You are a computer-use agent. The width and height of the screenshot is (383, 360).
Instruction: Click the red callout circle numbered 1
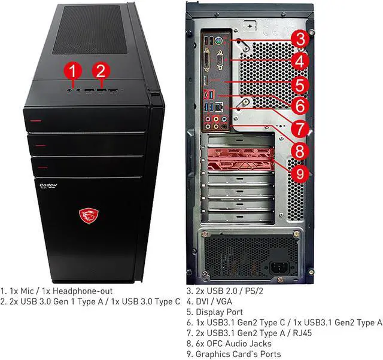click(x=72, y=71)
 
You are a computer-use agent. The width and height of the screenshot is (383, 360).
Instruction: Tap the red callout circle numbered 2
click(x=101, y=71)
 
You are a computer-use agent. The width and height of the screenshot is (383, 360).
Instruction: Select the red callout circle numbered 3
click(x=300, y=39)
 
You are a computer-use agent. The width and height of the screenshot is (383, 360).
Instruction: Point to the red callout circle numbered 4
click(x=300, y=61)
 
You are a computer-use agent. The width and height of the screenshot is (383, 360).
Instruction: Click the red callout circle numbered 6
click(x=300, y=106)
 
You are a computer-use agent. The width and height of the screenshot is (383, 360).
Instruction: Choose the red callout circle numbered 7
click(x=300, y=128)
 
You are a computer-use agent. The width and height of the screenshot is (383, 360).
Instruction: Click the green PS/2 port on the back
click(x=218, y=42)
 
